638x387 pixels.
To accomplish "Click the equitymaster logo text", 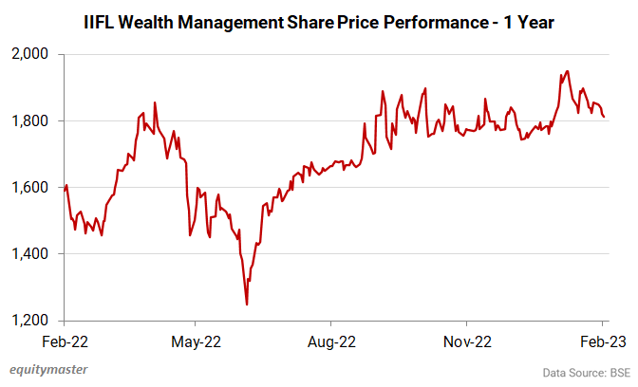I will click(x=50, y=370).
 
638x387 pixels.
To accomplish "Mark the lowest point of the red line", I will click(x=247, y=304).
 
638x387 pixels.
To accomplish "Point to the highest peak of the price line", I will click(x=567, y=70).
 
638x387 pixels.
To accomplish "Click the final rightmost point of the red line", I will click(x=604, y=117).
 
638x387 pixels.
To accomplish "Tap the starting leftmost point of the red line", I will click(x=65, y=191).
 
